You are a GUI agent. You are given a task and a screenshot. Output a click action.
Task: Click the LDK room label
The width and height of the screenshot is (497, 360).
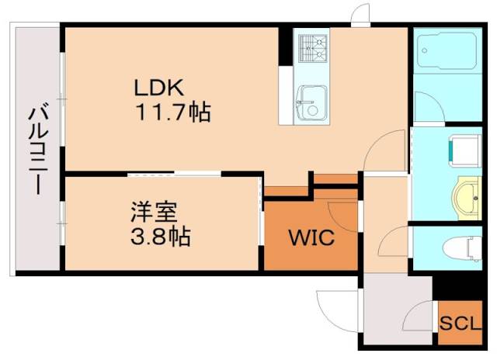tap(162, 86)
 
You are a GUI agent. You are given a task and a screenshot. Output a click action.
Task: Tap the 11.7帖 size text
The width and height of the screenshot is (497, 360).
tap(174, 113)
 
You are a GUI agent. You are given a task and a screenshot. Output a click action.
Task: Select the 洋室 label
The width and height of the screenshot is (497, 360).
tap(155, 211)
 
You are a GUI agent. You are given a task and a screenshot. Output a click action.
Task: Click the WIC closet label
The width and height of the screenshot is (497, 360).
tap(312, 238)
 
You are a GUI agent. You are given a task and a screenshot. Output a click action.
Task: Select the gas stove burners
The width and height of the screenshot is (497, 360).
tap(311, 47)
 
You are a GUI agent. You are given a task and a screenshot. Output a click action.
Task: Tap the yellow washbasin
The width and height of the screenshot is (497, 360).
tap(467, 196)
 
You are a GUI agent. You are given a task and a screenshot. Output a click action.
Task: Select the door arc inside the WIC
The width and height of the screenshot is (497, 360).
tap(342, 213)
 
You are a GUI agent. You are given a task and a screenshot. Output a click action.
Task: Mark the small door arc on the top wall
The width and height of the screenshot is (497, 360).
tap(359, 13)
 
